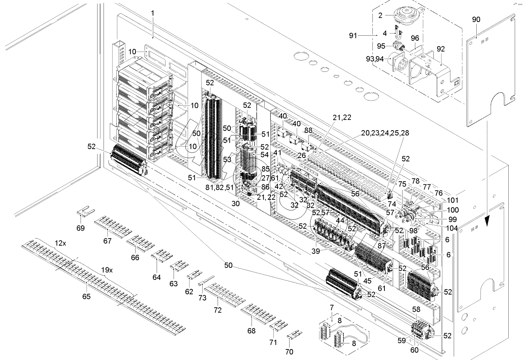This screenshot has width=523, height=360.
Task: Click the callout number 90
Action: point(476,20)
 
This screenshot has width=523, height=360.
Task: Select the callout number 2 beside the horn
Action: point(380,15)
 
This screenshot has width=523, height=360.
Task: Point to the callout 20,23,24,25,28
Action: point(385,133)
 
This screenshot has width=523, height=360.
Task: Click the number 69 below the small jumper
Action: point(81,228)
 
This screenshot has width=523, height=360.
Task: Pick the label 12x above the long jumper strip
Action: point(60,243)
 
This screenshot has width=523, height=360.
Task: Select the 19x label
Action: point(107,270)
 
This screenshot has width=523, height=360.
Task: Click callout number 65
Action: point(86,296)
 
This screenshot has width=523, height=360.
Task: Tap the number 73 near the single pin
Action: point(203,298)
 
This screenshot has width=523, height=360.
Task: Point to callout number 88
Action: point(308,131)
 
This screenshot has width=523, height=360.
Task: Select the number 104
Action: point(451,228)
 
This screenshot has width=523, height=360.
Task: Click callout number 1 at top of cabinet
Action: point(152,13)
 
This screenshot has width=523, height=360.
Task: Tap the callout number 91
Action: point(352,35)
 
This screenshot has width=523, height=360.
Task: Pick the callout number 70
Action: point(289,352)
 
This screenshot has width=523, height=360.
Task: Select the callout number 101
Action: point(453,200)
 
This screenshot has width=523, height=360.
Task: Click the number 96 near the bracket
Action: point(415,38)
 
